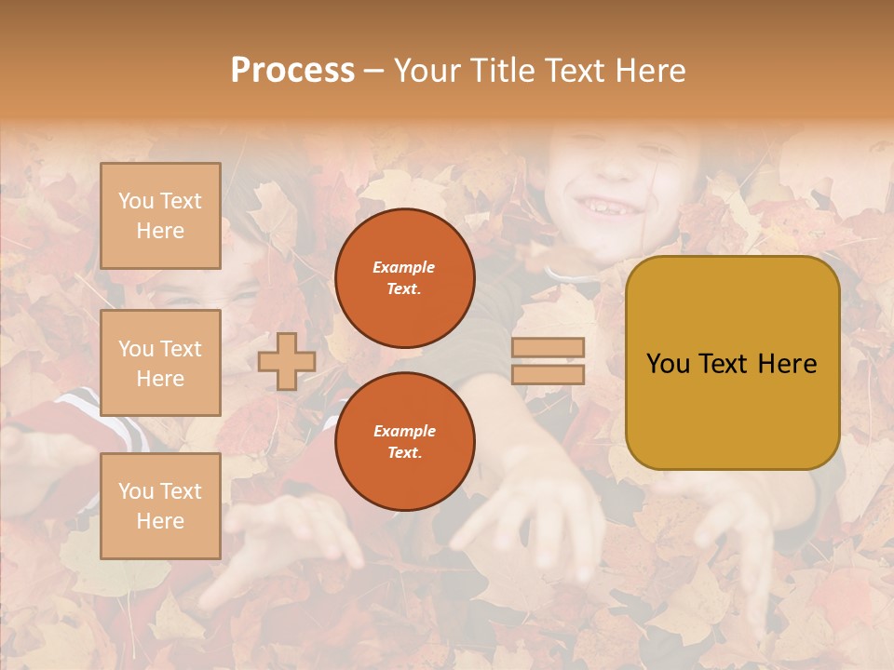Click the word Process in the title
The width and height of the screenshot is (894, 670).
point(292,71)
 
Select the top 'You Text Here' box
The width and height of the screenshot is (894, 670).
point(160,216)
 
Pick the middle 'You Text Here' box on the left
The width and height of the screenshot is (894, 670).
point(160,363)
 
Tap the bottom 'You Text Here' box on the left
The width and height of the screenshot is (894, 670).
point(160,506)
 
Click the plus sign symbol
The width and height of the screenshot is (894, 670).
point(287,361)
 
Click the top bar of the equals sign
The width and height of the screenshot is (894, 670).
point(548,347)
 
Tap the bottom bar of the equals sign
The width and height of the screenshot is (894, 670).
point(548,374)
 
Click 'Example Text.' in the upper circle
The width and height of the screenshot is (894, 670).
point(404,277)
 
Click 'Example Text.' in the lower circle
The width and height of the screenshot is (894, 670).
point(404,441)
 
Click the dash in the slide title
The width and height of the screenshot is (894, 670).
point(374,71)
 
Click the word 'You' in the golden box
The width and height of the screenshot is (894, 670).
point(669,363)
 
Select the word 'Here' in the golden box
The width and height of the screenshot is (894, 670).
point(787,363)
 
